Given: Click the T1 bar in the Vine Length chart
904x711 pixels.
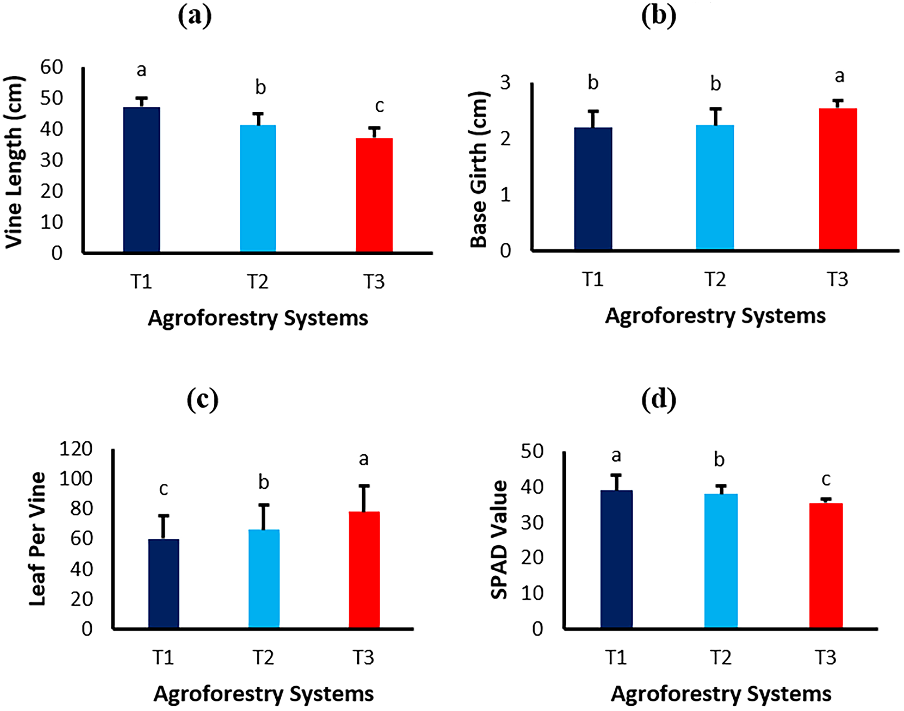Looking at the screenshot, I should pyautogui.click(x=141, y=179).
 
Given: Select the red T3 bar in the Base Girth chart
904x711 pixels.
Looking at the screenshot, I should pyautogui.click(x=838, y=179).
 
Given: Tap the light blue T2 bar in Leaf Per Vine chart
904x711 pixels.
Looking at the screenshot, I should pyautogui.click(x=264, y=579).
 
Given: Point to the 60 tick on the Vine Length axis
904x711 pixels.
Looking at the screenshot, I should pyautogui.click(x=52, y=67).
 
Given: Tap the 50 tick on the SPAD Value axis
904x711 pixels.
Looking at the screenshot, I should pyautogui.click(x=532, y=452).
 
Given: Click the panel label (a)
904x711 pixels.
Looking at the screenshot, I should pyautogui.click(x=195, y=17).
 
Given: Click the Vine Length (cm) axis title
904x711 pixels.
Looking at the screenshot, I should pyautogui.click(x=14, y=162).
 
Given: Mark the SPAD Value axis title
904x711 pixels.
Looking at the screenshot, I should pyautogui.click(x=499, y=540).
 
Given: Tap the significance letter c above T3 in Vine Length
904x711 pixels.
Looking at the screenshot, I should pyautogui.click(x=379, y=106).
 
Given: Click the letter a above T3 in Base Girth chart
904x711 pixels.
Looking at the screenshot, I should pyautogui.click(x=840, y=76).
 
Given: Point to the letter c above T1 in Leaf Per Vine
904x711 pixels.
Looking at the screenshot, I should pyautogui.click(x=164, y=489).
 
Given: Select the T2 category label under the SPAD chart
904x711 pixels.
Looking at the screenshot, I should pyautogui.click(x=721, y=657).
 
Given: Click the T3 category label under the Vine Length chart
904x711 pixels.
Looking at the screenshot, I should pyautogui.click(x=374, y=282).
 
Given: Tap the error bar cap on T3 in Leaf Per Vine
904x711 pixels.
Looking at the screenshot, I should pyautogui.click(x=364, y=486).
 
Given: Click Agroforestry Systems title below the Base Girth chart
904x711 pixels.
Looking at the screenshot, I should pyautogui.click(x=715, y=316).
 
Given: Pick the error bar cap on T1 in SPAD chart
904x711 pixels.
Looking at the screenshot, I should pyautogui.click(x=616, y=475).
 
